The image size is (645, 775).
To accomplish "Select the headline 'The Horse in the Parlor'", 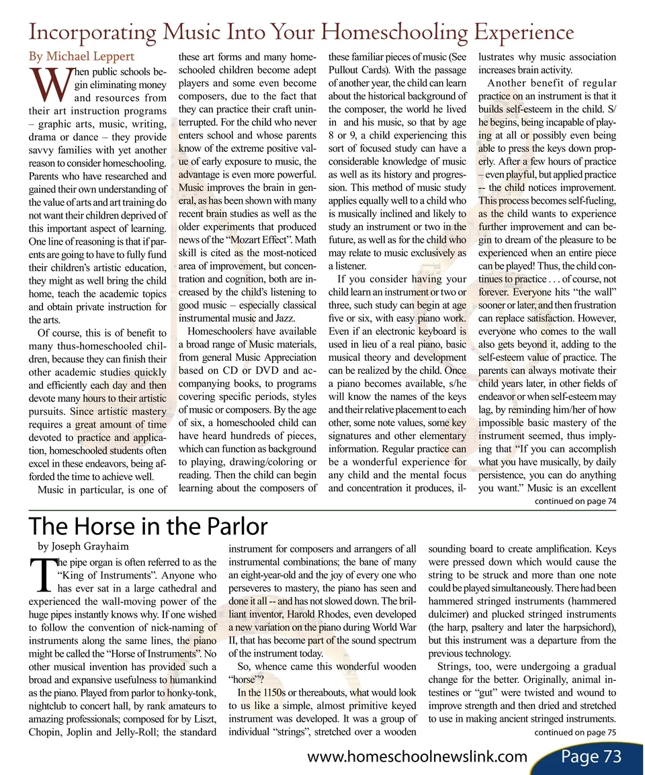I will tap(148, 526).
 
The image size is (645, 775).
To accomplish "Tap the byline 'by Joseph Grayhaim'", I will tap(83, 546).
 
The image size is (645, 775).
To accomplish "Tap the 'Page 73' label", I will tap(591, 756).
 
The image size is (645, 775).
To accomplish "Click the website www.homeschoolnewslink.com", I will tap(417, 757).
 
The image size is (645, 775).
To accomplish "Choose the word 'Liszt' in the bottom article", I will tap(202, 719).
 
